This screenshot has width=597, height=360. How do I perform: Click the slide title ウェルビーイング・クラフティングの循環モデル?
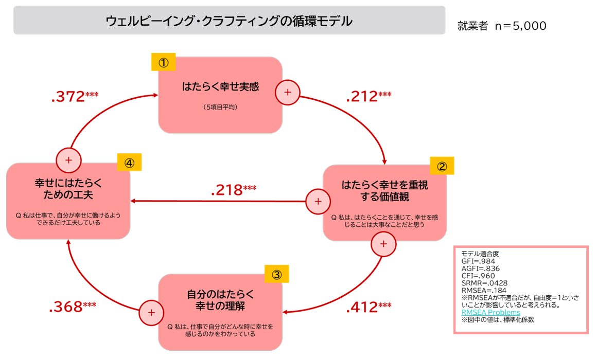point(229,21)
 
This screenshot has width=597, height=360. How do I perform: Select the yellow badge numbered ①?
point(163,63)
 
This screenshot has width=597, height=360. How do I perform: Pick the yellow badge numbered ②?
point(442,166)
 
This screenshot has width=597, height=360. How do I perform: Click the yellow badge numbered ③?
point(277,274)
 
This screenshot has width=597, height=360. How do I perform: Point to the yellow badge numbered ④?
point(129,163)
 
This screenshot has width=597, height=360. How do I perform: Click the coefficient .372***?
point(75,97)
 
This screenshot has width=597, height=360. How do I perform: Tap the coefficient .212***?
point(368,97)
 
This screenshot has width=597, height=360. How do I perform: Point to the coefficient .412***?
point(368,308)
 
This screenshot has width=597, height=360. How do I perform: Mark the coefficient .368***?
point(73,307)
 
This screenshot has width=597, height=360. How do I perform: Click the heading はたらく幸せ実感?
point(220,87)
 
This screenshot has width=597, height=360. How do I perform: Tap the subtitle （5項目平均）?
point(220,107)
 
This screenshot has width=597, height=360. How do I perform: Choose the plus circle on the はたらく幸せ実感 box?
point(288,92)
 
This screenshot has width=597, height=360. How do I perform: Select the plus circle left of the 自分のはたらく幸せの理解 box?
point(152,312)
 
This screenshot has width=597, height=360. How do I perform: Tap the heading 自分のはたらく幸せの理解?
point(220,300)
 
